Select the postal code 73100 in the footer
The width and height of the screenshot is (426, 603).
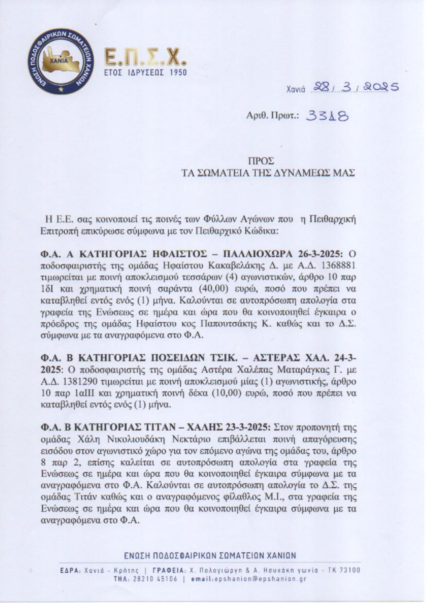click(349, 570)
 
